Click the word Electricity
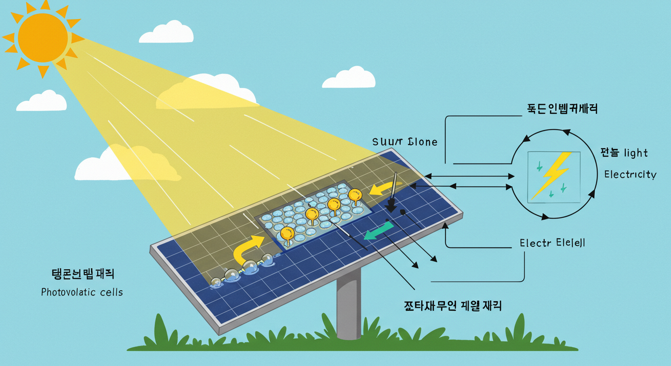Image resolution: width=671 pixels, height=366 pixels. coord(630,174)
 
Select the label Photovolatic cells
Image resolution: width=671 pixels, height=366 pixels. coord(82,292)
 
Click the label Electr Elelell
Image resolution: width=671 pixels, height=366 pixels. coord(552,243)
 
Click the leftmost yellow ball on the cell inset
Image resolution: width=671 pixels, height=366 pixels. coord(287,234)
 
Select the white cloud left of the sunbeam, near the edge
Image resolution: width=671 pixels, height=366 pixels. coord(41,101)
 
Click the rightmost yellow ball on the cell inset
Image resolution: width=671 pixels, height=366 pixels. coord(355,195)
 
